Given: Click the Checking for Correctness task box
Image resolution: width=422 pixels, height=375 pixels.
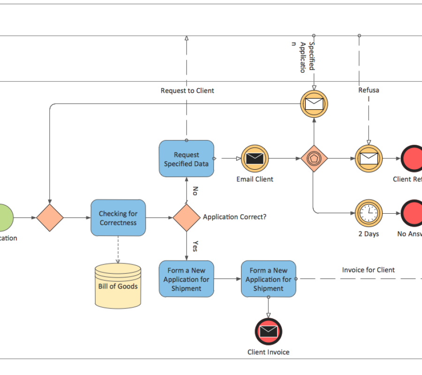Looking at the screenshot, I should click(118, 217).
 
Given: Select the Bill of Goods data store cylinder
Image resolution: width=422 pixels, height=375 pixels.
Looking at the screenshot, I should click(118, 285).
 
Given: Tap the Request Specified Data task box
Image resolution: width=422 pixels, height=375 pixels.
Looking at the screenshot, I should click(186, 159).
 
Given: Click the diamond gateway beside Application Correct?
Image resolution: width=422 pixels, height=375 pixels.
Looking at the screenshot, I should click(186, 217).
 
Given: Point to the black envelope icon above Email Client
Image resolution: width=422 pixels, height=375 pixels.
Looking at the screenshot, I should click(255, 158).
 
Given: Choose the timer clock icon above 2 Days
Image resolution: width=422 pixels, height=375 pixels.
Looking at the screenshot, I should click(369, 213).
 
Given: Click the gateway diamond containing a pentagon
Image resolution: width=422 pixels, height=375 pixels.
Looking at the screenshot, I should click(314, 158).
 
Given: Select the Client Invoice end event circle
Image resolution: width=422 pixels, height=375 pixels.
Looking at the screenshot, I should click(268, 332).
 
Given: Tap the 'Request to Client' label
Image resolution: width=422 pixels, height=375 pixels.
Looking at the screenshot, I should click(187, 90).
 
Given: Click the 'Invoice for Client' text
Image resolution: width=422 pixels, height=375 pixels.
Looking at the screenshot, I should click(368, 270).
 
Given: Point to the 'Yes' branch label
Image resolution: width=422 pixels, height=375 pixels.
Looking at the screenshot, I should click(195, 246).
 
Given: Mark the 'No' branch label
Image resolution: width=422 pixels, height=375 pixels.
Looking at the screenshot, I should click(195, 191).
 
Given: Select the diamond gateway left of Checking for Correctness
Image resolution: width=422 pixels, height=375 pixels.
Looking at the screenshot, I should click(50, 217).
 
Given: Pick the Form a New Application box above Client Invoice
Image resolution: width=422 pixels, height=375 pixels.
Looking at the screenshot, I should click(268, 279).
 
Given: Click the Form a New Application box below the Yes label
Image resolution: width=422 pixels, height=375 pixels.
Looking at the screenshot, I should click(186, 279).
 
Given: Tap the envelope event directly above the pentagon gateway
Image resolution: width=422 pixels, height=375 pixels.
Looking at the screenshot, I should click(314, 103).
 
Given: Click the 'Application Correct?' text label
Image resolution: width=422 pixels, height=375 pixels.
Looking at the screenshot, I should click(234, 217).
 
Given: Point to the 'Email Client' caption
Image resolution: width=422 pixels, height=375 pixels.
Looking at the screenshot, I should click(255, 179).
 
